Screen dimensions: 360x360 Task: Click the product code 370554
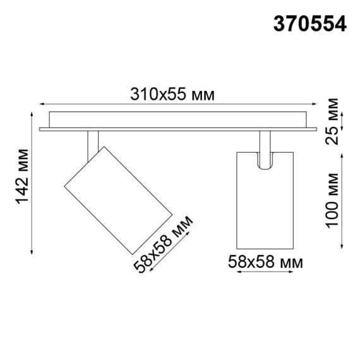coord(309,23)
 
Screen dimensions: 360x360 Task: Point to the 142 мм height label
coord(21,179)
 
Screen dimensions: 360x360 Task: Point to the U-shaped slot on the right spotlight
coord(265,161)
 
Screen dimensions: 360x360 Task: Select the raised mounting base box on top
coord(177,119)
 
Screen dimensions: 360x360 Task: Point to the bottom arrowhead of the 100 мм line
coord(342,248)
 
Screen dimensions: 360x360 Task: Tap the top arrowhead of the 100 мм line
coord(342,153)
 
